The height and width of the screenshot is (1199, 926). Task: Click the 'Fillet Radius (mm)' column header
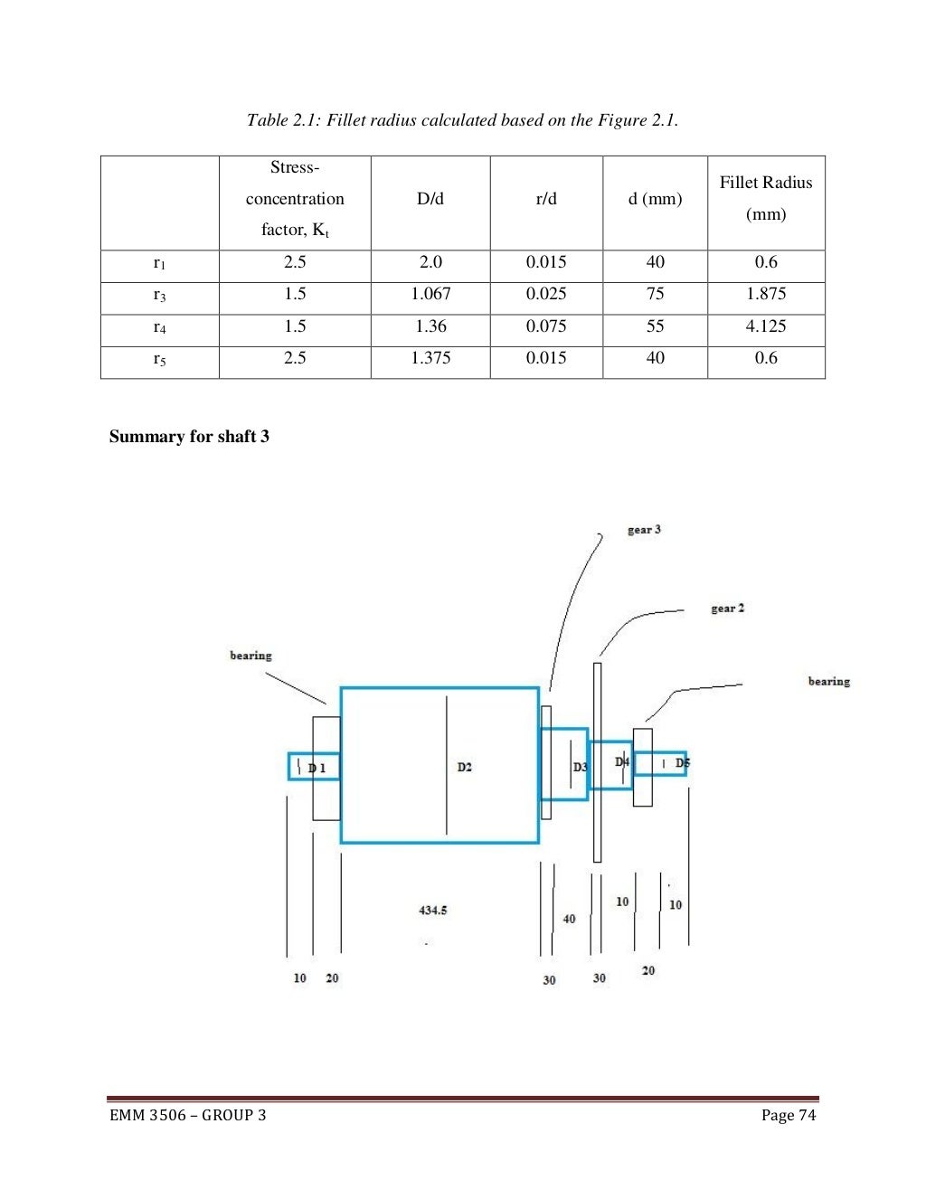(x=766, y=199)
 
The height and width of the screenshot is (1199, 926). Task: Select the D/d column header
(x=430, y=199)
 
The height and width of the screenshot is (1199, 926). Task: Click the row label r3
(x=159, y=295)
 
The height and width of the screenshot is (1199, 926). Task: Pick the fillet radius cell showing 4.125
(x=766, y=326)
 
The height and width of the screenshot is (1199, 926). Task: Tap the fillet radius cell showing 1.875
(x=766, y=294)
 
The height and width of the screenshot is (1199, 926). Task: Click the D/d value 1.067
(x=430, y=294)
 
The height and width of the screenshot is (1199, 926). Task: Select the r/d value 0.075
(x=546, y=326)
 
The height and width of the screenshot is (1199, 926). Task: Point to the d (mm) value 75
(x=655, y=294)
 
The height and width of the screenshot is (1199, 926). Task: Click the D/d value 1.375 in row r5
(x=430, y=358)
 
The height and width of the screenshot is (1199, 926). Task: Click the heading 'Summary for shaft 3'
(x=189, y=437)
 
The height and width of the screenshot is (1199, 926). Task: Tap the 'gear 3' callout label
(x=644, y=530)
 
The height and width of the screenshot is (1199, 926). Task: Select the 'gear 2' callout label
(x=727, y=609)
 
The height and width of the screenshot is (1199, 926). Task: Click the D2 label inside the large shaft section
(x=464, y=767)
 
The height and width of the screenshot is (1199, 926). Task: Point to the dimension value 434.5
(x=433, y=911)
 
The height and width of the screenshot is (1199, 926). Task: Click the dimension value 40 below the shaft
(x=569, y=919)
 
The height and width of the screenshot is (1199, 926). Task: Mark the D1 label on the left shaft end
(x=317, y=768)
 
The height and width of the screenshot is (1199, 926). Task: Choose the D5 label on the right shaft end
(x=682, y=763)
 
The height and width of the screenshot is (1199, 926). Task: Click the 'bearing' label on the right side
(x=828, y=682)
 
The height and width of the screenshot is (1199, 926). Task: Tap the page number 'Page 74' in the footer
(x=788, y=1115)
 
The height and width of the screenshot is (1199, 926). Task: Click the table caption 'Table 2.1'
(x=462, y=120)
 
